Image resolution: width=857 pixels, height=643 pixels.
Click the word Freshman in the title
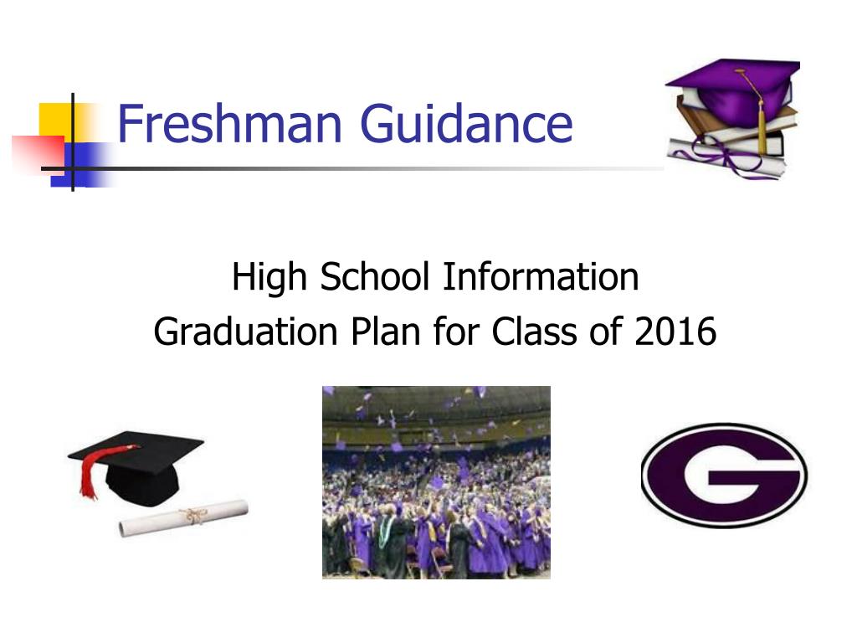229,123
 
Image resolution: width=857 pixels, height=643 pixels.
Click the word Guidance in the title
466,123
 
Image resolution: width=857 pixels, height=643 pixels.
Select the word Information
541,276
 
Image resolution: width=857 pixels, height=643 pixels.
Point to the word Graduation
245,332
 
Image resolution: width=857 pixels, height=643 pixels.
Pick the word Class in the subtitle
534,331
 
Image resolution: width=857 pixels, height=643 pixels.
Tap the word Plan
385,331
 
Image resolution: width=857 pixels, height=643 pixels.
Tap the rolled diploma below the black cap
183,517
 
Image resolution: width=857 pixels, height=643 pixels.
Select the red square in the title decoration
38,153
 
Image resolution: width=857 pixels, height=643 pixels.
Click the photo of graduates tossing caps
436,482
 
